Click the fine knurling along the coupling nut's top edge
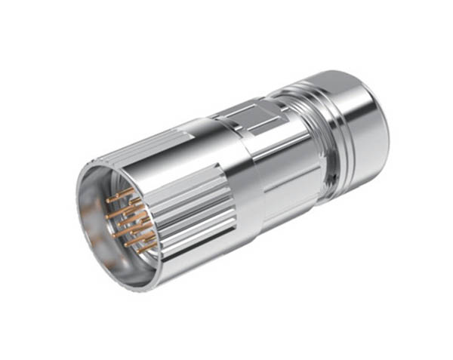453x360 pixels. click(136, 148)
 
